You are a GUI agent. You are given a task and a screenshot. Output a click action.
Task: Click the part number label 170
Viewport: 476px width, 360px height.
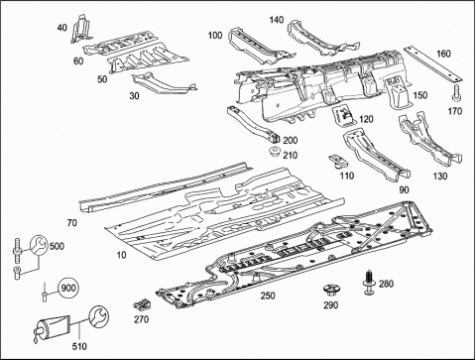(x=455, y=111)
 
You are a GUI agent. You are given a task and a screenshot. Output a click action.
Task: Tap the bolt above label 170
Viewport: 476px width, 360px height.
(x=456, y=93)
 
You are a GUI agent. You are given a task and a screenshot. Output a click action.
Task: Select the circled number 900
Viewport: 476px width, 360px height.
(x=68, y=288)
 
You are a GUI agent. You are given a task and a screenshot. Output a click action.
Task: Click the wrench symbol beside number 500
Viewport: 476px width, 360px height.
(x=39, y=245)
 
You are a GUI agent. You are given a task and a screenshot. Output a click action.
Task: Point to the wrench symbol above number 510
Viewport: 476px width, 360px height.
(x=98, y=316)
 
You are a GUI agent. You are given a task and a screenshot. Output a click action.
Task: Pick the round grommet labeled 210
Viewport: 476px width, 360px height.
(x=275, y=153)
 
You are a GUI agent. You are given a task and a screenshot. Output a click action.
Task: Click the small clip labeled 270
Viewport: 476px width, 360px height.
(x=143, y=305)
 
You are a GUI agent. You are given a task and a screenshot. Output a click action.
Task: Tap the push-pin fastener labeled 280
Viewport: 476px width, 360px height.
(x=369, y=282)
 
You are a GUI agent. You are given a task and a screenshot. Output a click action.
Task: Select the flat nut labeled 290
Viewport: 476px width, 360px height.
(x=330, y=290)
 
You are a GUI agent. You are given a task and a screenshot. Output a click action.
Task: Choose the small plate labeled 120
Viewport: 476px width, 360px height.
(x=343, y=115)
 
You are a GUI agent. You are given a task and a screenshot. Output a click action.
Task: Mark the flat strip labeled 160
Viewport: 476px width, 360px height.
(x=432, y=64)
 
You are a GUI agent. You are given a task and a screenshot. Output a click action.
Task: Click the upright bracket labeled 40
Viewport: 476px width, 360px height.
(x=80, y=30)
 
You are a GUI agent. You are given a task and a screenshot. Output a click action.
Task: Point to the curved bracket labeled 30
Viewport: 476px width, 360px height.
(x=163, y=83)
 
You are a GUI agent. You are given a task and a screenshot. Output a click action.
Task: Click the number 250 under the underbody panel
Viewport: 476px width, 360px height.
(x=268, y=296)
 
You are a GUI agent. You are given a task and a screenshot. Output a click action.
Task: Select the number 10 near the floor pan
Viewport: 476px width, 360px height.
(x=122, y=255)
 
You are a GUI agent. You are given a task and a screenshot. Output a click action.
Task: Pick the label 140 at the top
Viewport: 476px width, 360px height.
(x=277, y=20)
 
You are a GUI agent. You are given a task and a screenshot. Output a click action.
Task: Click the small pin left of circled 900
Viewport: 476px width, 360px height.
(x=44, y=292)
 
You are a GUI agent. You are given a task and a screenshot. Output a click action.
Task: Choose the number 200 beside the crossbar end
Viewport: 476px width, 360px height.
(x=291, y=141)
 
